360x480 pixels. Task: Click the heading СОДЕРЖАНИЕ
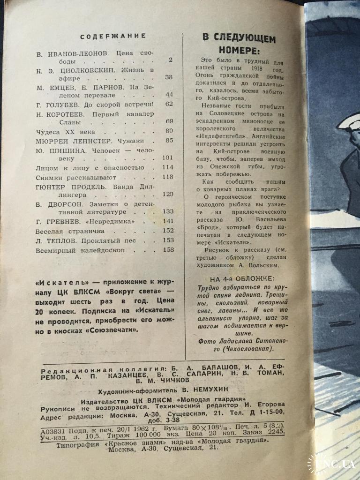[113, 36]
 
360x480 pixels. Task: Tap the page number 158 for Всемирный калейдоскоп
[168, 250]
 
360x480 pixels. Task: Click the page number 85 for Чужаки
[169, 140]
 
